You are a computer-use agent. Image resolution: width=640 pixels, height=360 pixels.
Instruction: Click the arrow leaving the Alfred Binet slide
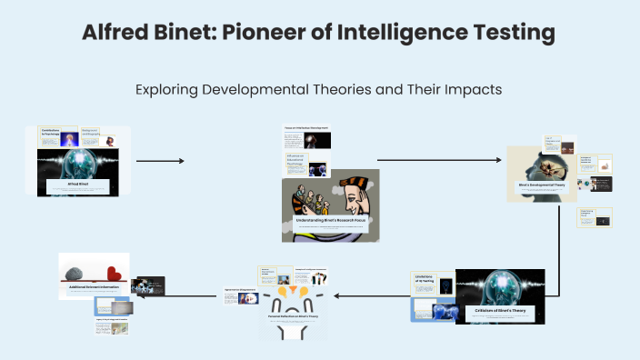tap(159, 161)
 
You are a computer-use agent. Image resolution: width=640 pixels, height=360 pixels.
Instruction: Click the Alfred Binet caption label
tap(77, 184)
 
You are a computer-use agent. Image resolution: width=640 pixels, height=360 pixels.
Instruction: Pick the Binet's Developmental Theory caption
tap(543, 185)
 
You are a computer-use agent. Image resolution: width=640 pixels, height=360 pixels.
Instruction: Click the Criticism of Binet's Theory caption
tap(500, 311)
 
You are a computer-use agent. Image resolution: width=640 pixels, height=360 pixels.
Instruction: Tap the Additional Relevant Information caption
tap(94, 286)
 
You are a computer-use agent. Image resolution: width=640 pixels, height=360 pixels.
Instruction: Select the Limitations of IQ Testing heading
tap(425, 278)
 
